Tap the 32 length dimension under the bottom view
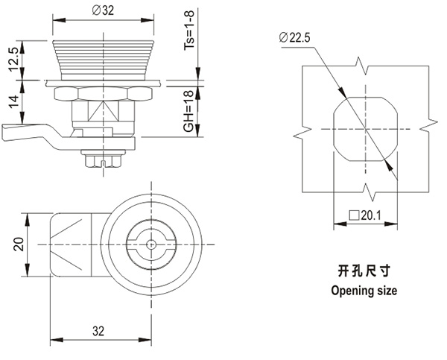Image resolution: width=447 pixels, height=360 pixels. point(98,332)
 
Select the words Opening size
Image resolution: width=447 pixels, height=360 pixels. point(364,291)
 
